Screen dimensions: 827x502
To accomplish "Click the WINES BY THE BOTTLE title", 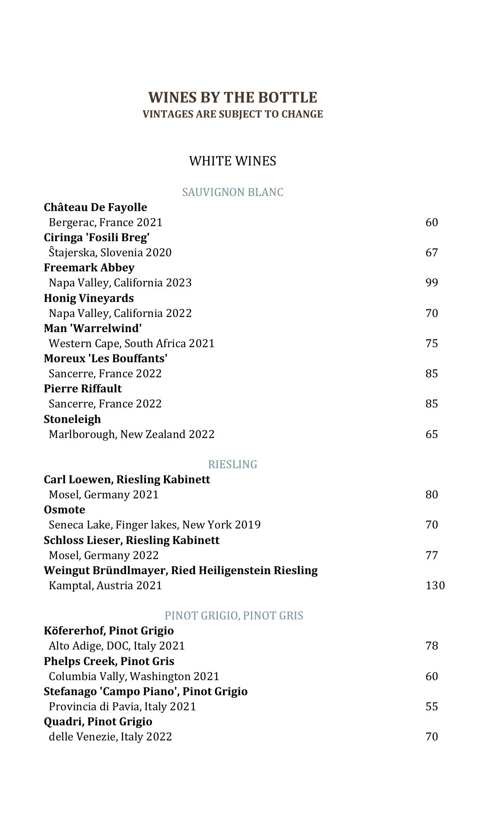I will [232, 97].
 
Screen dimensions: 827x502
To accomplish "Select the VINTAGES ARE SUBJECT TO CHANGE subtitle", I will [232, 114].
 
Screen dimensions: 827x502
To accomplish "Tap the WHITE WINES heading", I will [232, 161].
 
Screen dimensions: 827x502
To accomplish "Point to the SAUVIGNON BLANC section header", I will [232, 192].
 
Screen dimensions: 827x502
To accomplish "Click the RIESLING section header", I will [232, 464].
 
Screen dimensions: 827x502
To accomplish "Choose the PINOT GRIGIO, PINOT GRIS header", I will [234, 616].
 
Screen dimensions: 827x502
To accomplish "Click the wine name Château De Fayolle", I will [95, 207].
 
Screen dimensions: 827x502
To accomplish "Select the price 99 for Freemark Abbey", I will [431, 283].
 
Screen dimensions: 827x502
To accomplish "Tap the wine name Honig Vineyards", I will [89, 298].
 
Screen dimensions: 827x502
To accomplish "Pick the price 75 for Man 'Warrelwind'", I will [431, 343].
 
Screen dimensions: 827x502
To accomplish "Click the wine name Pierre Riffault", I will [83, 389].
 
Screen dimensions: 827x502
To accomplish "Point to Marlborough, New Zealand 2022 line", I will [131, 434].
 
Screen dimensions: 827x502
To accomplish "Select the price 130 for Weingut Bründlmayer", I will [435, 585].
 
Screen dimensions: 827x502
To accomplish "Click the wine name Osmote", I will [65, 510].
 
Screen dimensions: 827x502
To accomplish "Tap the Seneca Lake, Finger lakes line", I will [155, 525].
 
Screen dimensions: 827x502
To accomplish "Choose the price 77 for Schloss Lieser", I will [431, 555].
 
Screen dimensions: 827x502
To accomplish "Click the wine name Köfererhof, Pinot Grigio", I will [108, 631].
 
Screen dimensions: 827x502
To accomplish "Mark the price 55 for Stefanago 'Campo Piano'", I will [431, 706].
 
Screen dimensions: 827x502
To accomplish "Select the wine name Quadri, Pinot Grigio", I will [98, 721].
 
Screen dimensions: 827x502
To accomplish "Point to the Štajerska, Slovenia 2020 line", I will [110, 252].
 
